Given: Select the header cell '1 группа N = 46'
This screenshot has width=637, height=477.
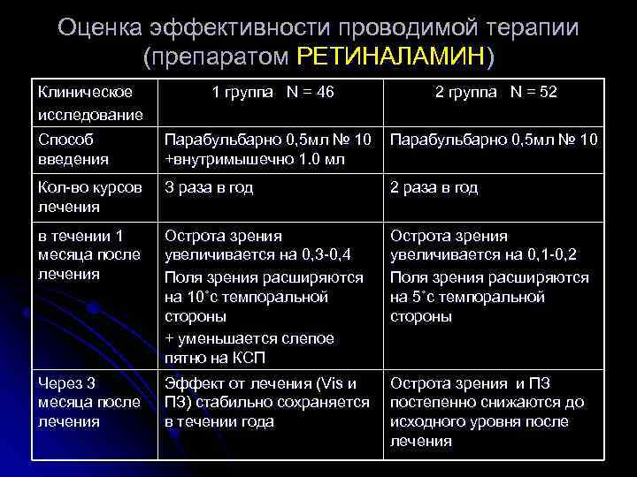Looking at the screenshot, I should click(272, 92).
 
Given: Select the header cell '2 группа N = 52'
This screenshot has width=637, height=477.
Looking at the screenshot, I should click(496, 92).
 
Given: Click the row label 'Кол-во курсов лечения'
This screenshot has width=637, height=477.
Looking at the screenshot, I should click(88, 197).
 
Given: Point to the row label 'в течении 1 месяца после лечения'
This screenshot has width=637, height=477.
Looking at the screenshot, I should click(88, 255).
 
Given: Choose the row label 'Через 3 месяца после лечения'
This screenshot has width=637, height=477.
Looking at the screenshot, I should click(88, 403).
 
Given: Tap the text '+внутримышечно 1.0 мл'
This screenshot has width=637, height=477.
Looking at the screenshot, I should click(256, 159).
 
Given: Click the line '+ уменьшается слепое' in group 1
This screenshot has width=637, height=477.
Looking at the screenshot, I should click(249, 337).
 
